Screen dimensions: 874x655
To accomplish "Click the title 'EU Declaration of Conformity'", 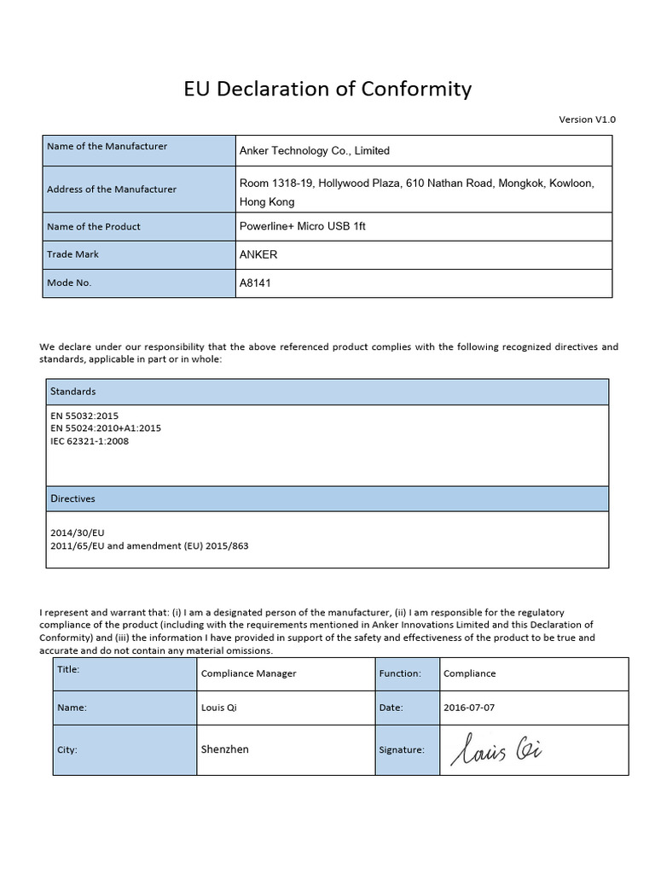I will pos(327,90).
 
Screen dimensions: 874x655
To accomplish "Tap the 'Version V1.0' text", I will pos(587,119).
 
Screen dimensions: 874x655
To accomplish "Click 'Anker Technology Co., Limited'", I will pos(315,151).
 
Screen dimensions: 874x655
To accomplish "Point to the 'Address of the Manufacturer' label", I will pos(112,189).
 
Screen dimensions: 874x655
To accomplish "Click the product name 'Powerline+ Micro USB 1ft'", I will pos(303,227).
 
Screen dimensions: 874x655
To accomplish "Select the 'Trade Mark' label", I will pos(73,254).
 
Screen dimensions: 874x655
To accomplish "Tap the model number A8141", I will pos(256,283).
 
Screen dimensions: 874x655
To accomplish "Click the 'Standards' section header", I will pos(73,392).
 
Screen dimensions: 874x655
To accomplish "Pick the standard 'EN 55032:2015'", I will pos(84,416).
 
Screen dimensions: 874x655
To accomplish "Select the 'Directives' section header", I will pos(73,498).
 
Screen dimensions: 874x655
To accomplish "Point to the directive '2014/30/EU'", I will pos(78,532).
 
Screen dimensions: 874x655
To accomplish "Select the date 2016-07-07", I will pos(469,708).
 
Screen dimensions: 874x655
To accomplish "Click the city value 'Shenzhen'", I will pos(225,749).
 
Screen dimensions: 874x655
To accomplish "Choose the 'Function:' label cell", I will pos(400,673).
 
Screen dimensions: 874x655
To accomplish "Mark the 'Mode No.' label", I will pos(69,283).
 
